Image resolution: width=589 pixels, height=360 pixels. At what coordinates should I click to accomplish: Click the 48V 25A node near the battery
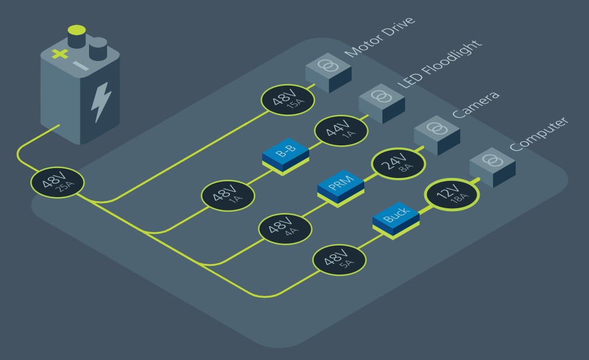(58, 183)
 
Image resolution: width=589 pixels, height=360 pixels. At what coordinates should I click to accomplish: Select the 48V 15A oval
(288, 100)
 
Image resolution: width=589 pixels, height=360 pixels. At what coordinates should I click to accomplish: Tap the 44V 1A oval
(341, 131)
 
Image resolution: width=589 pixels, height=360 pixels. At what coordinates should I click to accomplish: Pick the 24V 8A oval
(398, 163)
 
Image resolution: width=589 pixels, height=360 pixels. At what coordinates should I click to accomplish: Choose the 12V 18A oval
(452, 194)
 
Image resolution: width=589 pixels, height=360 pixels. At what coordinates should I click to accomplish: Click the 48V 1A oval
(228, 195)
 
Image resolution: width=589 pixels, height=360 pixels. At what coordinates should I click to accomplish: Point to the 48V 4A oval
(285, 229)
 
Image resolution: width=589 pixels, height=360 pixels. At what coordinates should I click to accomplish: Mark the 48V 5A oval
(339, 260)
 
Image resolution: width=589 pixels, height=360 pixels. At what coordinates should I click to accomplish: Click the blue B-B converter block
(286, 156)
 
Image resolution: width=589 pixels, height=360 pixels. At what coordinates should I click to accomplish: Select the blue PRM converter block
(340, 188)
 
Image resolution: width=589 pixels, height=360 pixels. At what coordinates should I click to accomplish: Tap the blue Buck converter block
(396, 220)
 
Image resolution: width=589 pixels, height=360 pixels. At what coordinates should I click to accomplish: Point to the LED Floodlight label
(439, 64)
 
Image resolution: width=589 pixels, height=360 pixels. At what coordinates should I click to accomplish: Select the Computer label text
(539, 134)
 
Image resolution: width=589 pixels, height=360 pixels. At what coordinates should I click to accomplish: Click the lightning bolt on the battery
(101, 102)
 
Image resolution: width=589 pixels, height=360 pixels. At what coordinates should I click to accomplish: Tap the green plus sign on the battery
(60, 54)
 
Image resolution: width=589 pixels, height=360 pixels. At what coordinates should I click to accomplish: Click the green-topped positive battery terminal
(77, 37)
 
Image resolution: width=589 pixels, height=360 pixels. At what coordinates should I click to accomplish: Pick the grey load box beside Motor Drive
(328, 73)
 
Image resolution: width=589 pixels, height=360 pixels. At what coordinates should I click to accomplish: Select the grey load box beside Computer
(492, 167)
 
